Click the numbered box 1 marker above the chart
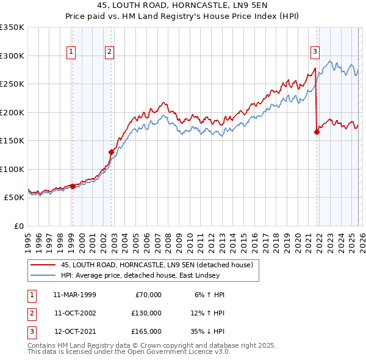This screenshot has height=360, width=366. click(x=71, y=52)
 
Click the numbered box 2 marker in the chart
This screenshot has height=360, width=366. click(x=109, y=52)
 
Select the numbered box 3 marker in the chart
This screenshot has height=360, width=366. click(x=315, y=52)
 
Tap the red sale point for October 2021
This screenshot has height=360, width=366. click(x=317, y=132)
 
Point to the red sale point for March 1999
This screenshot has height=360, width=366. click(x=73, y=186)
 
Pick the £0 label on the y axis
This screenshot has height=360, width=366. click(x=18, y=226)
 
